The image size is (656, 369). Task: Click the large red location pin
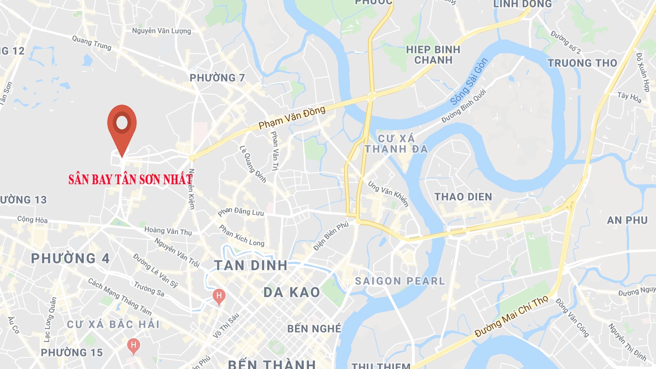click(x=122, y=126)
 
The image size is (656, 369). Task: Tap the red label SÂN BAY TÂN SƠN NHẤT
click(x=130, y=179)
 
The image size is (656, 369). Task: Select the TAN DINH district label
click(x=251, y=265)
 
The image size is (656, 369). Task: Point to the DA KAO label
click(x=292, y=292)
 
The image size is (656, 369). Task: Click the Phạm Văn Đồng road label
click(x=292, y=118)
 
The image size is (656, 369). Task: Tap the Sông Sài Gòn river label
click(x=469, y=81)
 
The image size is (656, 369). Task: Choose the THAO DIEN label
click(x=463, y=197)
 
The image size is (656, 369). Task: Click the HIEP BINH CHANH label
click(x=433, y=55)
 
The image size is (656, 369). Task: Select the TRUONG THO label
click(x=582, y=63)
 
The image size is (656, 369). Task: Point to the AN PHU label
click(x=627, y=221)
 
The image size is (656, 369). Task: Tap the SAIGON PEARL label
click(x=400, y=281)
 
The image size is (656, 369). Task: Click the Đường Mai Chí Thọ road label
click(x=512, y=317)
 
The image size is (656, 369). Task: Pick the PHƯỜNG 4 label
click(x=70, y=259)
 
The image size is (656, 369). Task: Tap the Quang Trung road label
click(x=92, y=43)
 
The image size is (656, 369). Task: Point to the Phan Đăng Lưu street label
click(x=241, y=212)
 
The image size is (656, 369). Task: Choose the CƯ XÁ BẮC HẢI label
click(x=113, y=324)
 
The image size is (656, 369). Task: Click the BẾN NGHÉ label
click(x=314, y=329)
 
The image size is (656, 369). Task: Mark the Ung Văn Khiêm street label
click(x=388, y=194)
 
